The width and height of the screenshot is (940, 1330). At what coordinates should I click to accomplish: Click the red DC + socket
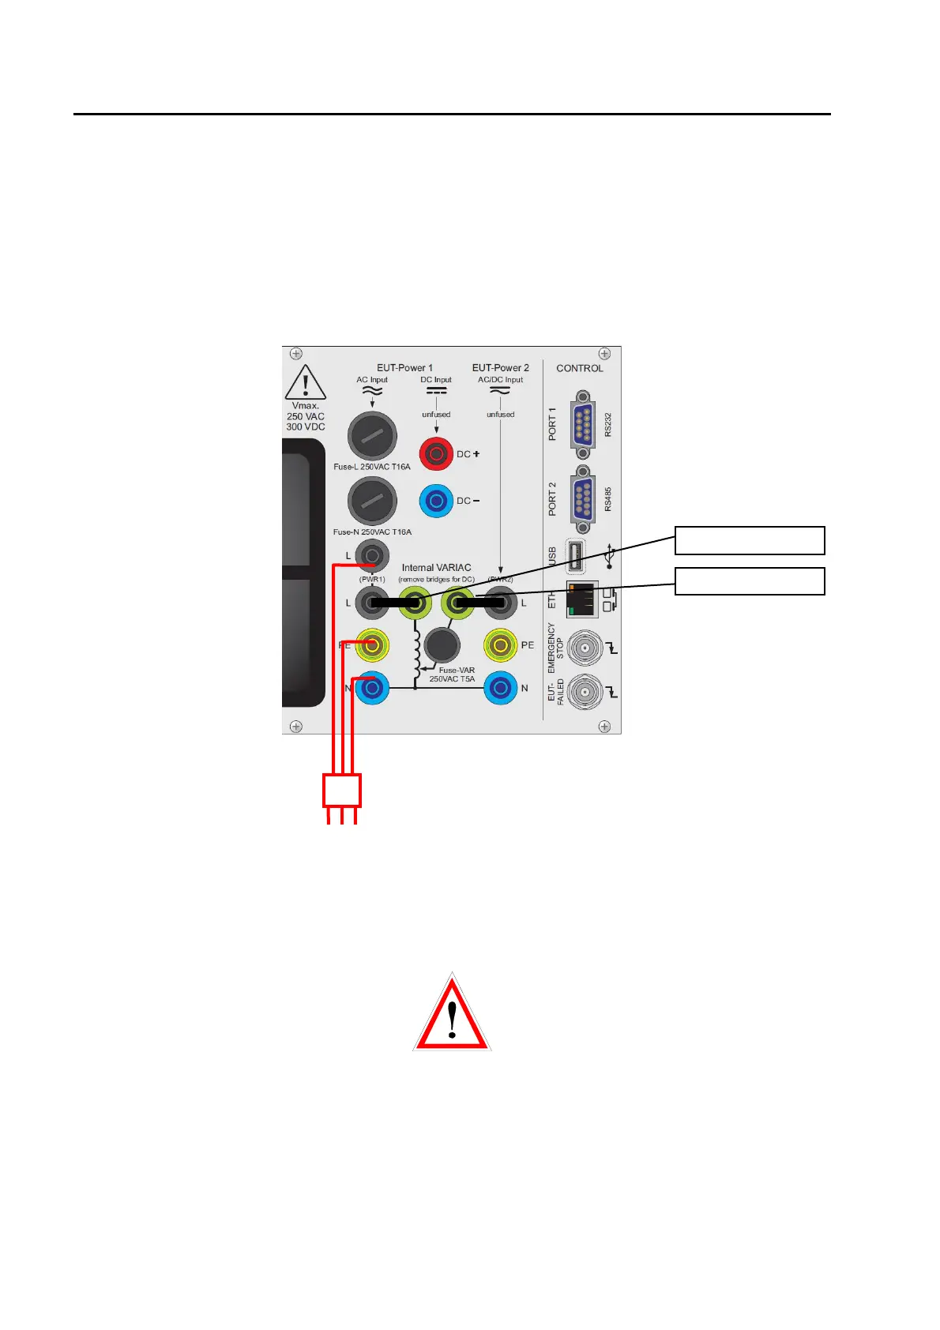pyautogui.click(x=436, y=454)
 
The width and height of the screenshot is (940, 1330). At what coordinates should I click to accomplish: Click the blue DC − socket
pyautogui.click(x=436, y=501)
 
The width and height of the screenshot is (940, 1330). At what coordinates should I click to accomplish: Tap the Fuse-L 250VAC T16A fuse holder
pyautogui.click(x=372, y=435)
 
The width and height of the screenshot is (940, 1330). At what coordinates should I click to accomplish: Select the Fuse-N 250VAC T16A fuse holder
pyautogui.click(x=372, y=501)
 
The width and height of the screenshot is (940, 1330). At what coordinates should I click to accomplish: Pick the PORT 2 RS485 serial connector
pyautogui.click(x=583, y=499)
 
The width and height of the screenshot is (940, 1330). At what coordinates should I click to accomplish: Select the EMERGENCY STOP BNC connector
pyautogui.click(x=583, y=647)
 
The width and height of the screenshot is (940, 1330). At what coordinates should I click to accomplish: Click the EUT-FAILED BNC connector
pyautogui.click(x=583, y=692)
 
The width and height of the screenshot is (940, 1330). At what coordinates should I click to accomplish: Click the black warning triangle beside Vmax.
pyautogui.click(x=306, y=383)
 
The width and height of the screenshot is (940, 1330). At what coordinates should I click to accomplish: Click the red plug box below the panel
pyautogui.click(x=342, y=790)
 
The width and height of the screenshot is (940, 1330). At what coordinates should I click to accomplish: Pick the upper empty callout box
pyautogui.click(x=750, y=541)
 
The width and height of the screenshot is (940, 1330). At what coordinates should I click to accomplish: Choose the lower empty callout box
pyautogui.click(x=750, y=580)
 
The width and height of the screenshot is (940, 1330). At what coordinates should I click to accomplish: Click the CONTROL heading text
pyautogui.click(x=580, y=368)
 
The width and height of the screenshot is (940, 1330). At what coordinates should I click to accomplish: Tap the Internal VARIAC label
pyautogui.click(x=436, y=568)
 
